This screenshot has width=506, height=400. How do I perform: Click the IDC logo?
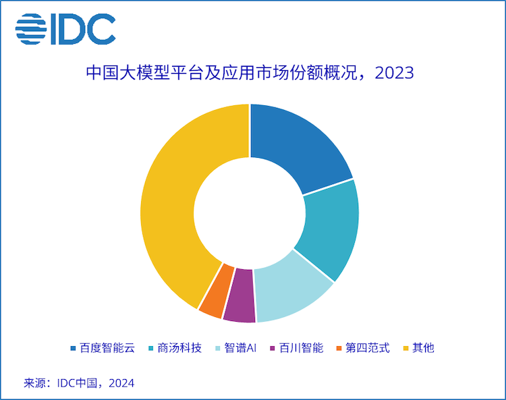click(65, 29)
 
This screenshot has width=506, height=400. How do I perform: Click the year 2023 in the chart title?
click(393, 73)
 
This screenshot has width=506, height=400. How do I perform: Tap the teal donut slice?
click(330, 228)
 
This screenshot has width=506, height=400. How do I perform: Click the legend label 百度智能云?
click(108, 348)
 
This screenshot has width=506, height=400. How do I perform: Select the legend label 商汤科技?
click(179, 348)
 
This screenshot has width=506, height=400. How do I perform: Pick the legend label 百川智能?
click(302, 348)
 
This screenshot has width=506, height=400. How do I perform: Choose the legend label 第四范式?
click(368, 348)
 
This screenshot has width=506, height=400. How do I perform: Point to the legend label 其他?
click(424, 348)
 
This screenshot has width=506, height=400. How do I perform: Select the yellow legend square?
click(405, 349)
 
